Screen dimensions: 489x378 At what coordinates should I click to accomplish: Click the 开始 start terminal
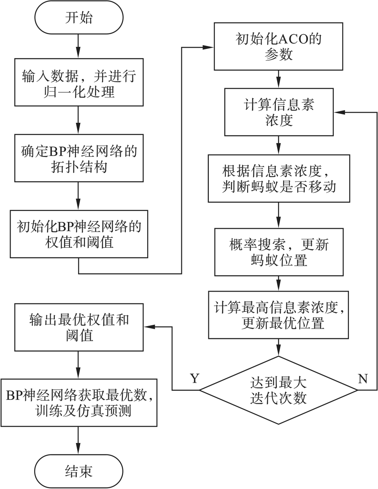click(79, 18)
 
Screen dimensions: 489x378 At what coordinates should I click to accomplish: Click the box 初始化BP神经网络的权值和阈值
click(79, 233)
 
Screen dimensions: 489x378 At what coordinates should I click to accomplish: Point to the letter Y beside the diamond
click(194, 378)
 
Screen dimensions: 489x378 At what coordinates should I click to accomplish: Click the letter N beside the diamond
click(362, 378)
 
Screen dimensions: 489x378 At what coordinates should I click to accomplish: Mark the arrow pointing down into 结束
click(79, 447)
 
